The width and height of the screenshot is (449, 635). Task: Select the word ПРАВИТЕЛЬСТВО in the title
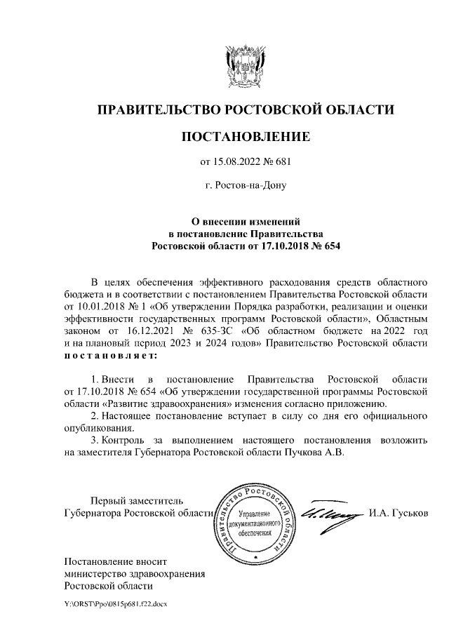[x=157, y=109]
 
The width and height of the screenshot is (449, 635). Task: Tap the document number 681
[x=281, y=162]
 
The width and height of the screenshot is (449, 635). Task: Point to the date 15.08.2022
[x=234, y=162]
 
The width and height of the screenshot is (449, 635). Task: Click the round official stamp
[x=255, y=521]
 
